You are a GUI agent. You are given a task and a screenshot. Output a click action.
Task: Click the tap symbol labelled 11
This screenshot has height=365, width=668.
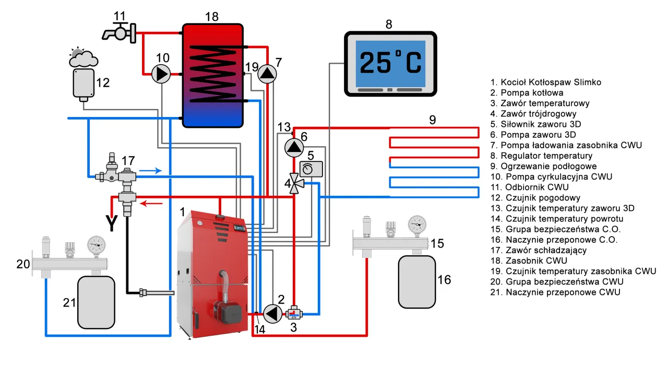pos(120,33)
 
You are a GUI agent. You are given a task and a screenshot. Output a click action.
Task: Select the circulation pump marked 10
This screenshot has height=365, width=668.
pos(161,74)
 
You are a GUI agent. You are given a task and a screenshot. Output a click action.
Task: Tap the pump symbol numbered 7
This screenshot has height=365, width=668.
pos(267,74)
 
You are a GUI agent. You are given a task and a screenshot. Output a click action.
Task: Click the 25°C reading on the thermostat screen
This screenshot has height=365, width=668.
pos(390,63)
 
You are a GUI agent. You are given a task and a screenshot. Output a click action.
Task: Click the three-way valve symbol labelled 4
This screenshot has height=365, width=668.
pos(295,183)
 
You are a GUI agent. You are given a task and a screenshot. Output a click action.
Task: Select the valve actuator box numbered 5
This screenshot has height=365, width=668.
pos(311,169)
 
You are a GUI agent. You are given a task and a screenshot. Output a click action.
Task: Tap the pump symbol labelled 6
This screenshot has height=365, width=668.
pos(294,147)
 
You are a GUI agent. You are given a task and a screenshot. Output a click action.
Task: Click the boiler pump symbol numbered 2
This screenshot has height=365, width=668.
pos(272,313)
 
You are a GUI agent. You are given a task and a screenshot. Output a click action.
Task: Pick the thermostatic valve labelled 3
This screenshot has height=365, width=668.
pos(294,313)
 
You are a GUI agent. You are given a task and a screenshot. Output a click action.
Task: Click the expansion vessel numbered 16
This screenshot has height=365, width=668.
pos(417,282)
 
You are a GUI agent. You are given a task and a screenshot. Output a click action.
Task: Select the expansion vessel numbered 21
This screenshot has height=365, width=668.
pos(96,302)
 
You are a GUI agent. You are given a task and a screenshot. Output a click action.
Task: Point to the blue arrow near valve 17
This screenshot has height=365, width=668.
pos(151,171)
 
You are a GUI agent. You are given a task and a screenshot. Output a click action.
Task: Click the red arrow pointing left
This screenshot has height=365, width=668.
pos(151,204)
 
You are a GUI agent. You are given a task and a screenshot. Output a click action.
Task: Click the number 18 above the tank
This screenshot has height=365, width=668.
pos(212,17)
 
